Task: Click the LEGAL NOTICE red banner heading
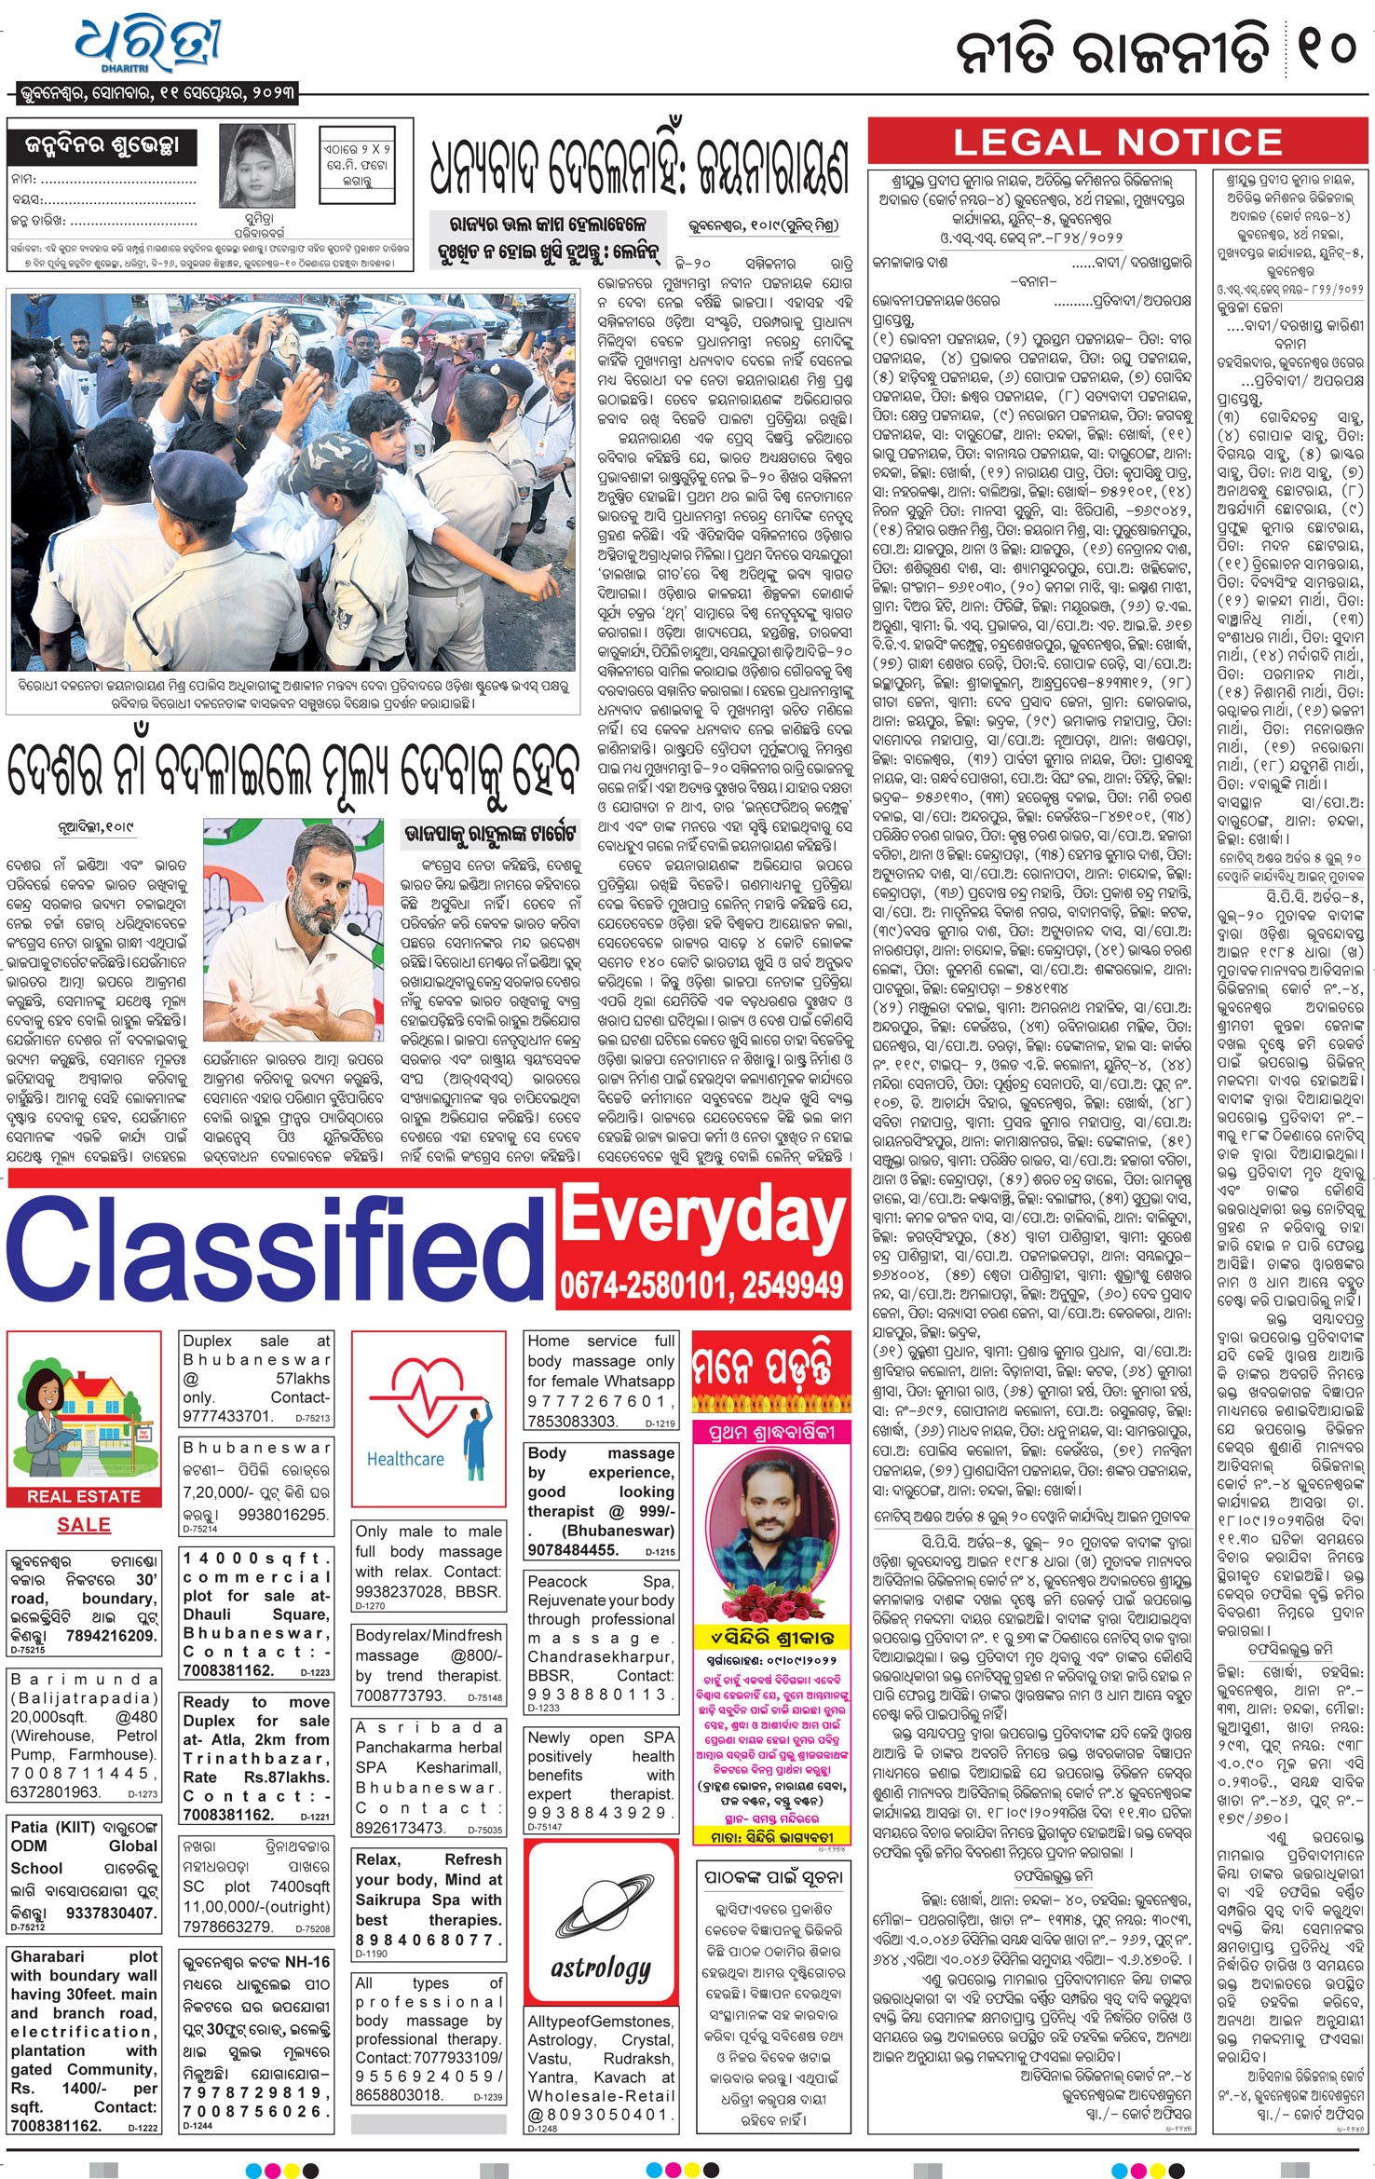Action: (1117, 143)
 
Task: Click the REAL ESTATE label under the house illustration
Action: (84, 1496)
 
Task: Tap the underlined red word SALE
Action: (84, 1525)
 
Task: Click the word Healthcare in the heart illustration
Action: (405, 1459)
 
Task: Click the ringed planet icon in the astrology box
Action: (600, 1904)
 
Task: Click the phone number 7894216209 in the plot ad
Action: (112, 1635)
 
